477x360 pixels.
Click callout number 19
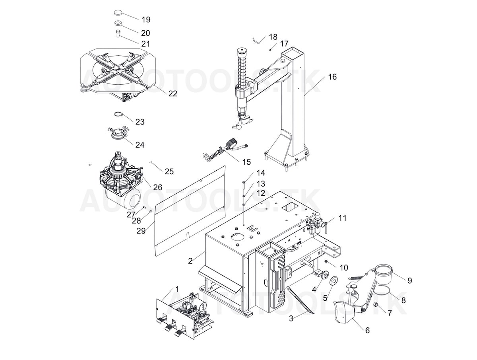(146, 19)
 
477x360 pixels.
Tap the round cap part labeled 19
(118, 13)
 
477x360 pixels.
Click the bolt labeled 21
(118, 33)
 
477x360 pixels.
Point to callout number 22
(173, 93)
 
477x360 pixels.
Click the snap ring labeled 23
(119, 114)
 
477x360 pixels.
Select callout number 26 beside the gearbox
(157, 187)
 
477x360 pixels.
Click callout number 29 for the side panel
(141, 231)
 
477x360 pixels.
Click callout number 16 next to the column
(332, 77)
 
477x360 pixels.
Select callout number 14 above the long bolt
(261, 173)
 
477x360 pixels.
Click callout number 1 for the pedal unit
(177, 289)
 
